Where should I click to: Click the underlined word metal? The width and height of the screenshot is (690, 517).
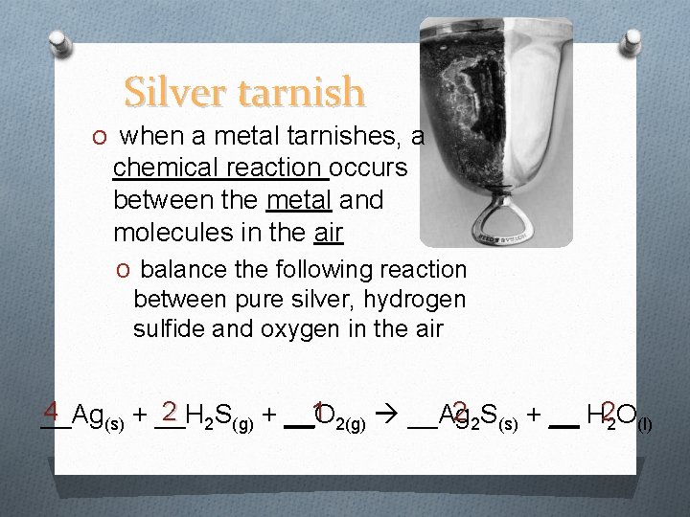[300, 200]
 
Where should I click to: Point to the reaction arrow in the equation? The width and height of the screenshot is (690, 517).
[388, 416]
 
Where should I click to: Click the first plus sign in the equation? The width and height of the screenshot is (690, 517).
[140, 416]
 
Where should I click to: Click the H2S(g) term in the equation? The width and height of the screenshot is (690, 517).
[219, 416]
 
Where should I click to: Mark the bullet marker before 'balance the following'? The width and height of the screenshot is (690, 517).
[122, 271]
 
